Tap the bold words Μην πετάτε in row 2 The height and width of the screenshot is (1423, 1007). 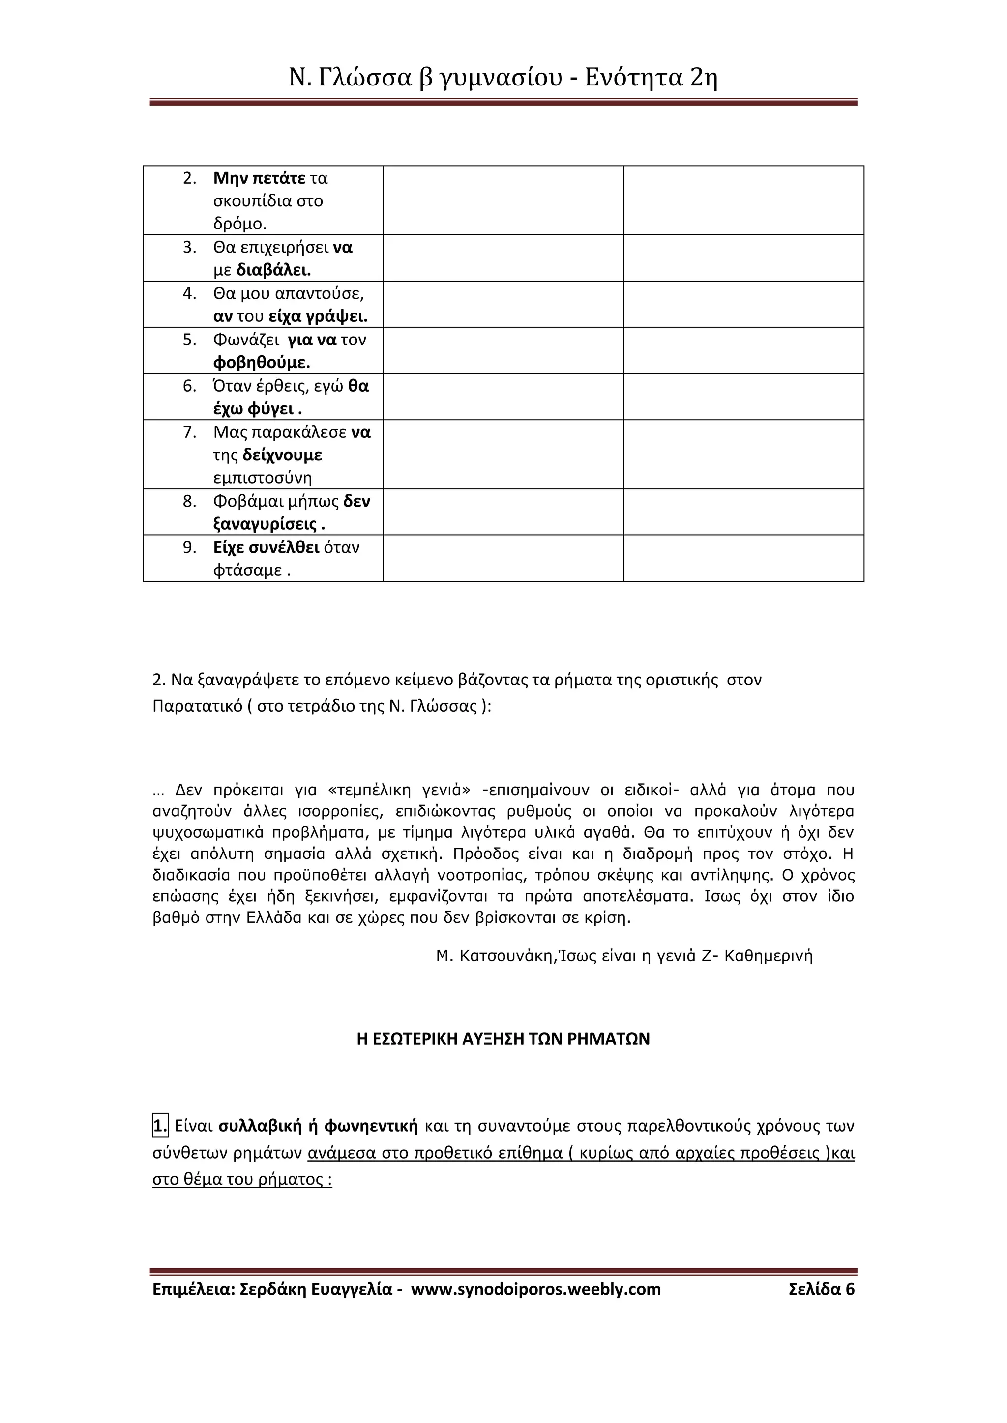tap(259, 178)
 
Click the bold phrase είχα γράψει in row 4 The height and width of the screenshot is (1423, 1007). tap(318, 317)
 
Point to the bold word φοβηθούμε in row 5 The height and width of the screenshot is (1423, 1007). tap(261, 363)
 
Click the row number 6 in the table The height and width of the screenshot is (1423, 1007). tap(189, 386)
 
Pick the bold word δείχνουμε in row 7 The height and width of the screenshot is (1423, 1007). tap(282, 455)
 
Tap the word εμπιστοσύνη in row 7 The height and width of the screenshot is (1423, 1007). tap(262, 478)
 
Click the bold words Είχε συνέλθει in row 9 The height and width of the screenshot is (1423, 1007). tap(266, 547)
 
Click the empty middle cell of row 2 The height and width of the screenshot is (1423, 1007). tap(503, 200)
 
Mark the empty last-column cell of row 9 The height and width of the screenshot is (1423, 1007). tap(743, 558)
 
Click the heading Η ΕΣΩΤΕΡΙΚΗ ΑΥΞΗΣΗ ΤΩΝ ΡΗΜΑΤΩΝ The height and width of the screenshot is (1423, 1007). tap(503, 1039)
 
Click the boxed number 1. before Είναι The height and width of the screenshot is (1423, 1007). tap(160, 1126)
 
